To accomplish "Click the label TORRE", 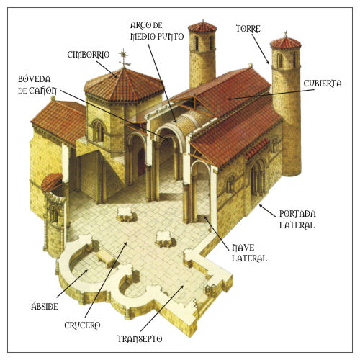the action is coord(248,29).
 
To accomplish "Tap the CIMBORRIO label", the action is coord(89,55).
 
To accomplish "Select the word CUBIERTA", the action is coord(323,84).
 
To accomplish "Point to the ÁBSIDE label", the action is coord(45,307).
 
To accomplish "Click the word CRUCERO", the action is coord(82,325).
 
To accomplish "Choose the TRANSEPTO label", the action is coord(140,339).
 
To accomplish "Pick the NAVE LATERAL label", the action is coord(249,253).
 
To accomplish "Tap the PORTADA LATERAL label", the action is coord(297,220).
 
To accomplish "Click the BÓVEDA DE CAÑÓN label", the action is coord(37,85).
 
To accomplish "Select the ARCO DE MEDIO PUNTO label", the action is coord(157,31).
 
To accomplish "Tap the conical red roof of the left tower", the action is coord(202,27).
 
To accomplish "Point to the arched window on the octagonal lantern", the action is coord(98,131).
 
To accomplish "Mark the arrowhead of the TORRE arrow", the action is coord(268,62).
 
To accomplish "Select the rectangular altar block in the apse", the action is coord(106,258).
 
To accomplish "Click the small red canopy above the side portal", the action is coord(256,148).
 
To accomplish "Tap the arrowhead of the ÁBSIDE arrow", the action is coord(86,271).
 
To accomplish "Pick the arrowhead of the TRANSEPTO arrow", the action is coord(181,287).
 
